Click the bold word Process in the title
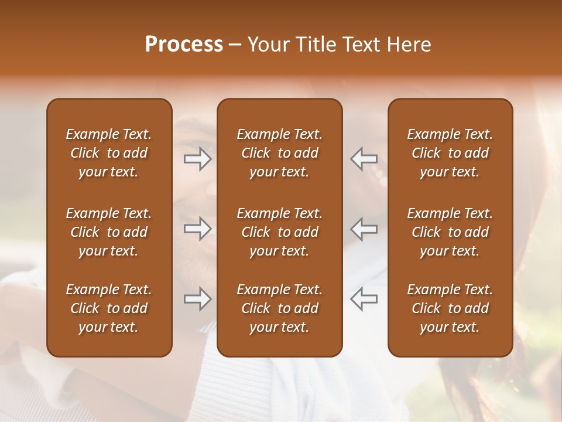[184, 45]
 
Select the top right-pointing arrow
[198, 159]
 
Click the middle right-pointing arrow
[198, 228]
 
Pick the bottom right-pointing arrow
[198, 300]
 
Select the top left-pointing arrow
[364, 159]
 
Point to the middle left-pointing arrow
[364, 228]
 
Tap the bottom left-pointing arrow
[364, 298]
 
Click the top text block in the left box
[109, 153]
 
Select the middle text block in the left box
[109, 232]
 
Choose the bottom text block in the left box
[109, 308]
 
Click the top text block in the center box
[279, 153]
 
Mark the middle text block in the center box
[279, 232]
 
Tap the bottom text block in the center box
[279, 308]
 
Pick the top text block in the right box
[450, 153]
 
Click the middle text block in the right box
[450, 232]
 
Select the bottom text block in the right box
[450, 308]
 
